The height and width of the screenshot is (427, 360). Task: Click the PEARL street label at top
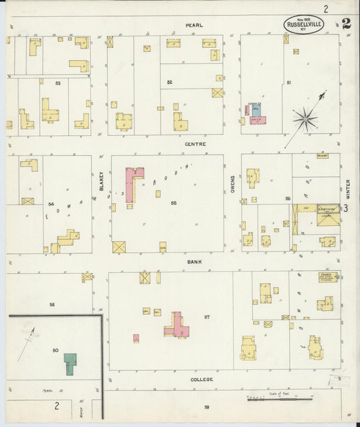coord(195,25)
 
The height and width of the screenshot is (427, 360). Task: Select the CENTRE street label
coord(195,144)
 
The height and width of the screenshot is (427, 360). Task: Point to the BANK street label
coord(195,261)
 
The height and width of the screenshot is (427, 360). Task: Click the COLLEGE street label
coord(201,379)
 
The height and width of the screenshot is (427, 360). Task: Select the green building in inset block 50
coord(70,363)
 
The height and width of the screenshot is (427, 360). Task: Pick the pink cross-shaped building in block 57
coord(177,326)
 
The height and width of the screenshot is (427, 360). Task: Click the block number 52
coord(170,82)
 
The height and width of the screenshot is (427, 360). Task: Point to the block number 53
coord(58,83)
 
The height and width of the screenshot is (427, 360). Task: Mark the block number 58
coord(51,304)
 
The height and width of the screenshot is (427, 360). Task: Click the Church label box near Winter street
coord(326,276)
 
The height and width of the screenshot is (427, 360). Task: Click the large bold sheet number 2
coord(346,23)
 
